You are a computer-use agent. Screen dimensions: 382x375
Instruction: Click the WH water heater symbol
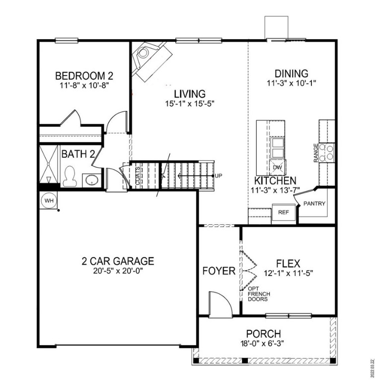pos(49,200)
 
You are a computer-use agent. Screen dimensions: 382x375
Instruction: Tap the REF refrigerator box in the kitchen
pos(283,212)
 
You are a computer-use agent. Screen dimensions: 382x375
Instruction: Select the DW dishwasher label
pos(278,167)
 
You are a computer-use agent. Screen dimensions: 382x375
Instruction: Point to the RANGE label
pos(316,153)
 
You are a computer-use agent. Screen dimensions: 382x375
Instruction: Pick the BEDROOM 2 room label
pos(84,76)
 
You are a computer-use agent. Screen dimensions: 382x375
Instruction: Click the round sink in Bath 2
pos(90,179)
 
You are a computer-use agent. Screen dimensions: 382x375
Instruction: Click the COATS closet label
pos(138,176)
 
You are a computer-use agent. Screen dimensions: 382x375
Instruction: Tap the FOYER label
pos(219,271)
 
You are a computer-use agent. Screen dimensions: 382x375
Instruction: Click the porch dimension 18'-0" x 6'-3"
pos(264,343)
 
